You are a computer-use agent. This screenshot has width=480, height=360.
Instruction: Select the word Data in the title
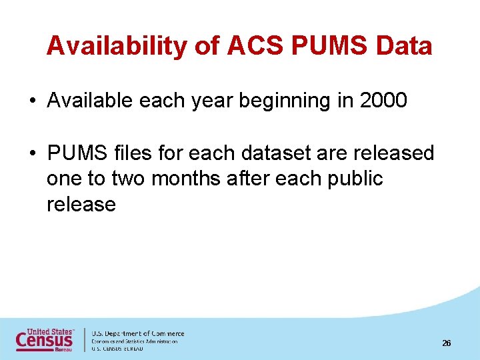(x=404, y=46)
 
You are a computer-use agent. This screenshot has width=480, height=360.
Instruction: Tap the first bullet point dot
(x=32, y=101)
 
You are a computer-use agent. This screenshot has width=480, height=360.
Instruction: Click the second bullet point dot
(x=32, y=153)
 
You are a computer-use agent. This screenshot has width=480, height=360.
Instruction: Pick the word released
(x=393, y=153)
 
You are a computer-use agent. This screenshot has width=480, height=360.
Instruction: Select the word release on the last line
(x=81, y=204)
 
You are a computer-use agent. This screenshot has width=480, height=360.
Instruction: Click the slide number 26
(x=447, y=343)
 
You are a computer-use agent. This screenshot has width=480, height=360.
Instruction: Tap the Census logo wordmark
(x=45, y=340)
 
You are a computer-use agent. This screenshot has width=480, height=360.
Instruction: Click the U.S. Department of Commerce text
(x=137, y=333)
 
